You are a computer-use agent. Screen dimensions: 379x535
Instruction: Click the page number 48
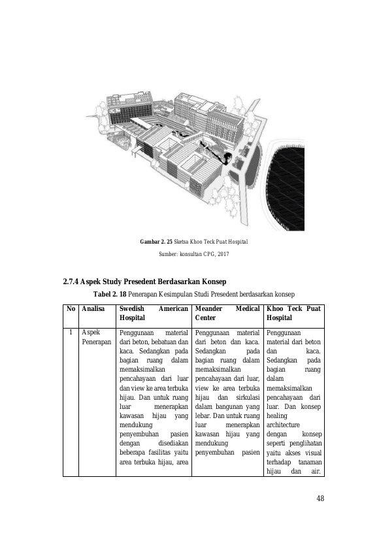click(320, 498)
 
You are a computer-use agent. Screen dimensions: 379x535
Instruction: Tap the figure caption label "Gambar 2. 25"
click(156, 242)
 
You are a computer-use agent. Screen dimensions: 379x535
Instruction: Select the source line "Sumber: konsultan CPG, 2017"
click(194, 254)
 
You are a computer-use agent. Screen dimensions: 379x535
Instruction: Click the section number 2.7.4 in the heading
click(71, 282)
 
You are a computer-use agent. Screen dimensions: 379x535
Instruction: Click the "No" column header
click(71, 309)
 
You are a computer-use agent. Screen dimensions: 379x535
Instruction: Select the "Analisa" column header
click(93, 309)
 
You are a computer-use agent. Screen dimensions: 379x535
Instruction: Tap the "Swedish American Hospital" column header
click(154, 313)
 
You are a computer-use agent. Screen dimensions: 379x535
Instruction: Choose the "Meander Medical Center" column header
click(227, 313)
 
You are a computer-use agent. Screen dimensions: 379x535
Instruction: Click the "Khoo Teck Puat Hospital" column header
click(293, 313)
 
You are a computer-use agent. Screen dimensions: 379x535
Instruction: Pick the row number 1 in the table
click(71, 332)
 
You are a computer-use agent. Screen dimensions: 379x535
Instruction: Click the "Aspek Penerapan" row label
click(97, 337)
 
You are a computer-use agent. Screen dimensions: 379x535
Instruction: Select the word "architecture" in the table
click(283, 425)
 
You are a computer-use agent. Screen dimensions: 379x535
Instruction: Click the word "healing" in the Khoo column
click(277, 416)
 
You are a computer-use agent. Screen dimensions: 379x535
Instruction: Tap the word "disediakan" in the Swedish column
click(173, 444)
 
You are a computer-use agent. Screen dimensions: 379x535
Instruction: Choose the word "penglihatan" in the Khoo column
click(306, 444)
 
